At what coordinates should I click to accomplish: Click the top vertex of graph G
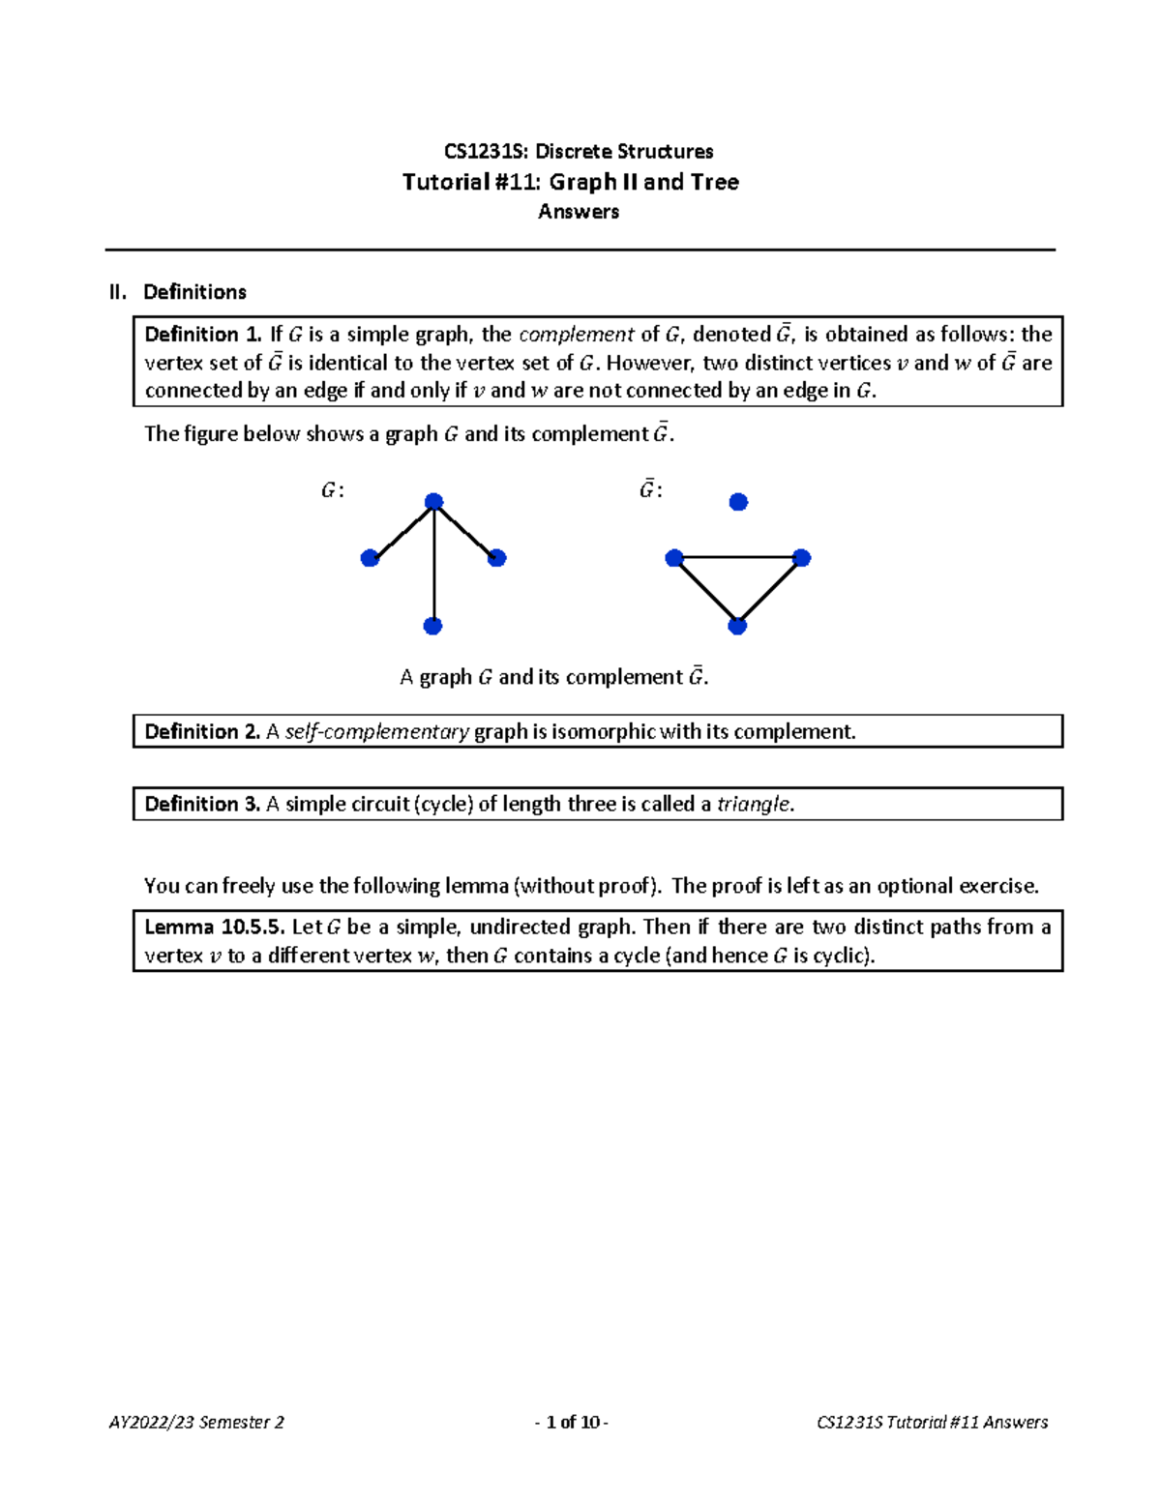click(x=434, y=502)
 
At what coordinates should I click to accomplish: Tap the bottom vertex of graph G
click(x=433, y=627)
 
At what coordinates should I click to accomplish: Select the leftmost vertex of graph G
click(x=370, y=558)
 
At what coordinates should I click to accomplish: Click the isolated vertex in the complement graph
click(x=738, y=502)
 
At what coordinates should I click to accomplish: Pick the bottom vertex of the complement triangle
click(x=737, y=627)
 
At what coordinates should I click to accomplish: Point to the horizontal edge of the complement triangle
click(x=737, y=558)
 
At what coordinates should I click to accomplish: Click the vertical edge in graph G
click(x=434, y=571)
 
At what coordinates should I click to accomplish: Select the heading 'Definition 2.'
click(x=202, y=732)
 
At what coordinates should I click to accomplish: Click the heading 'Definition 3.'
click(x=202, y=805)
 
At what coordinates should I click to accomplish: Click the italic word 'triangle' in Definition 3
click(x=754, y=805)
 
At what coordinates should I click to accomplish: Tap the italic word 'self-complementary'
click(x=377, y=732)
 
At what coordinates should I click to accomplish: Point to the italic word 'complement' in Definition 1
click(x=577, y=335)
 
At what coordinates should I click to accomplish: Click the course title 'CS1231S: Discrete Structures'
click(x=579, y=152)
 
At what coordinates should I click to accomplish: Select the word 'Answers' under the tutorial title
click(x=579, y=212)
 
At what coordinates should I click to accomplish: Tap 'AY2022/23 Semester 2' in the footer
click(x=196, y=1422)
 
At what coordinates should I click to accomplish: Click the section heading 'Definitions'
click(x=194, y=292)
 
